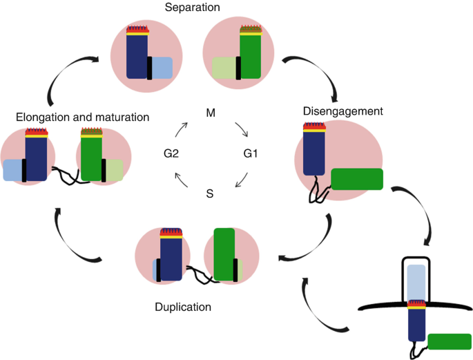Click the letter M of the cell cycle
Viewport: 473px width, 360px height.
[212, 112]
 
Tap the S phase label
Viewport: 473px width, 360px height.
[210, 194]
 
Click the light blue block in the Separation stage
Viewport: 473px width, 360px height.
[162, 68]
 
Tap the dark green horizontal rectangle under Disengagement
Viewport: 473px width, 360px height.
[357, 178]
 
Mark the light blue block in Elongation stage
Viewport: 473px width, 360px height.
[13, 170]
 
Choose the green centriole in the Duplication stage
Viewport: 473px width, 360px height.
[225, 254]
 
